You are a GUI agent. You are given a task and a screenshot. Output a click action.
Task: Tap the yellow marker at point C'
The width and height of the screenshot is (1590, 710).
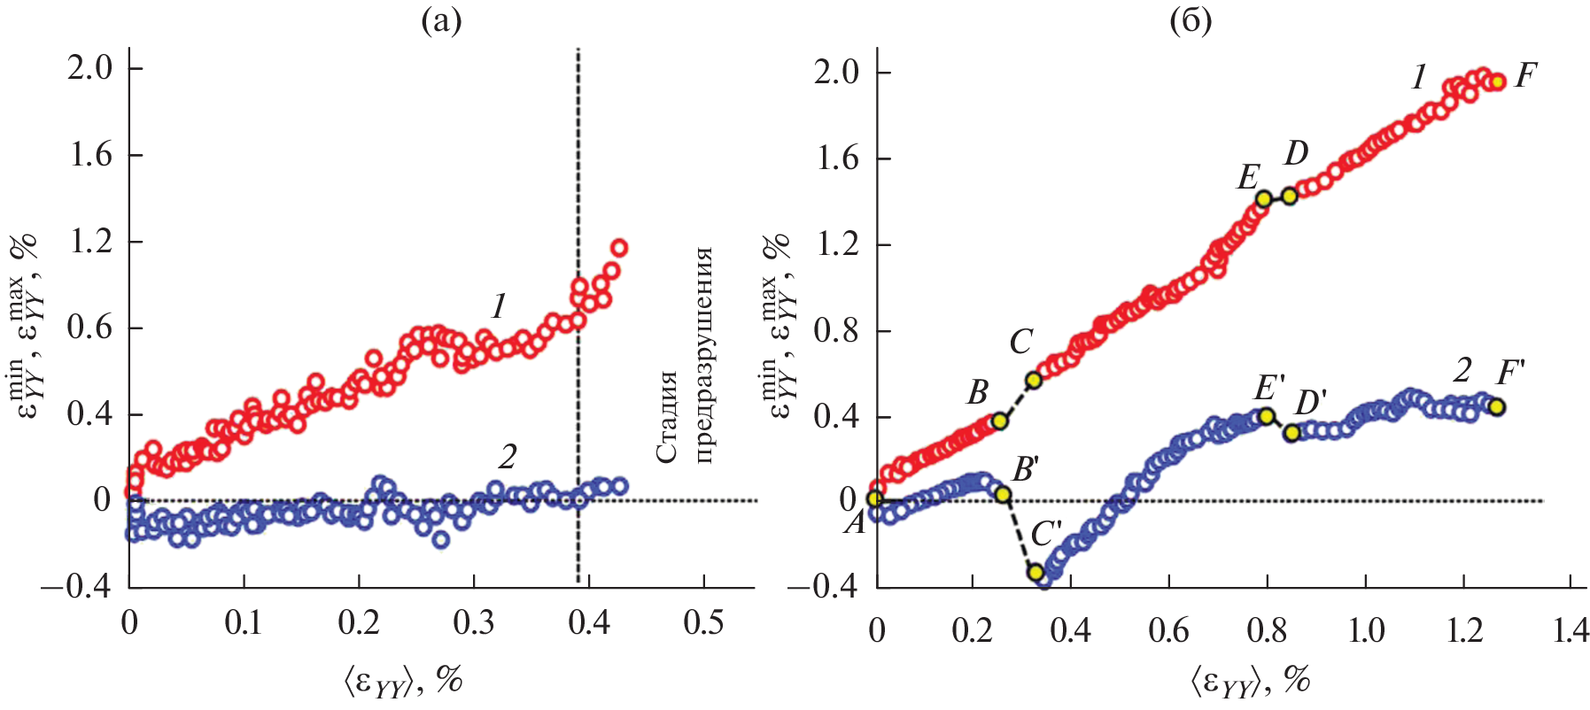click(1035, 572)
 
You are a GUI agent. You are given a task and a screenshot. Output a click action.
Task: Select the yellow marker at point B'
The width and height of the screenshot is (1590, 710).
click(1003, 494)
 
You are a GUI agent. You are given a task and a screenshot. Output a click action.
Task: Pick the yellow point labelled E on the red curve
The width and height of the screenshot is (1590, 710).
click(1264, 198)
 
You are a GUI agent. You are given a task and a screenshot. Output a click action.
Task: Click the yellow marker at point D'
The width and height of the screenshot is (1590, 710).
click(1291, 433)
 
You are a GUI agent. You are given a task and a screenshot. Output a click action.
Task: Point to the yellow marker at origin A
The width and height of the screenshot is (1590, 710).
click(875, 498)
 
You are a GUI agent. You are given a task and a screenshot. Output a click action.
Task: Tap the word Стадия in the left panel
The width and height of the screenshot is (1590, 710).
click(666, 416)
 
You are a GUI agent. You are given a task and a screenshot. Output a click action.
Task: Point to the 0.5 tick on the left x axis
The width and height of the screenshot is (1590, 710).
click(703, 623)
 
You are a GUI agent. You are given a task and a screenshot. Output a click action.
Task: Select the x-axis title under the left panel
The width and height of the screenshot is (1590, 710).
click(403, 682)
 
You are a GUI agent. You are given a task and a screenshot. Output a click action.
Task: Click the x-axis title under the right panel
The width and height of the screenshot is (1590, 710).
click(1249, 682)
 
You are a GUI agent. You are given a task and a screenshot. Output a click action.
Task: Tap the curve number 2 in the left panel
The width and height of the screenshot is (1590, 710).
click(507, 458)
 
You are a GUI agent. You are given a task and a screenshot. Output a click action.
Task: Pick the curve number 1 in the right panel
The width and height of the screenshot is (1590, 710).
click(1419, 79)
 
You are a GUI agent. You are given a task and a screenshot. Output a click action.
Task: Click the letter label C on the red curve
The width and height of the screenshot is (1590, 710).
click(1021, 342)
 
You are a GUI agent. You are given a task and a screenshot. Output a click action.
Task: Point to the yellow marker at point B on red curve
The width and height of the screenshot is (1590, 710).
click(999, 421)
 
